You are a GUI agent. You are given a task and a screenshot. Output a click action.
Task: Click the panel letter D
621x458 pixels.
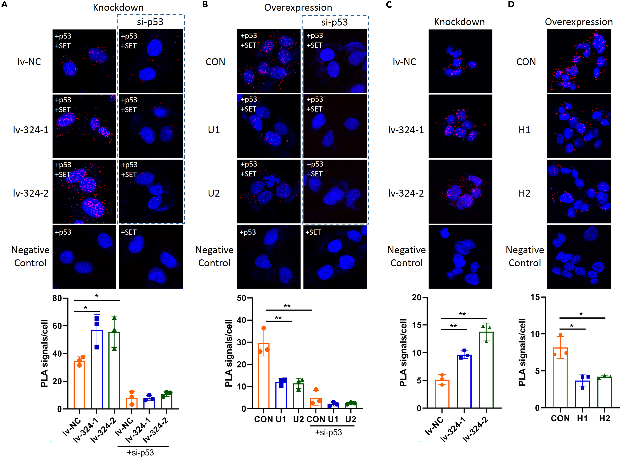click(511, 4)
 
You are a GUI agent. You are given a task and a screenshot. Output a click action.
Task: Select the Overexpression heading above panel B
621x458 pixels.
click(298, 7)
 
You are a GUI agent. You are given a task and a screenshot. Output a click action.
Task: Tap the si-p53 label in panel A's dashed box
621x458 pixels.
click(150, 22)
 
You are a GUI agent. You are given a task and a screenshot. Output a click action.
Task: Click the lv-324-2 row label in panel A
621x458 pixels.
click(31, 193)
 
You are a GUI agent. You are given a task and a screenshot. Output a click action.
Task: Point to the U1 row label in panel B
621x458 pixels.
click(214, 130)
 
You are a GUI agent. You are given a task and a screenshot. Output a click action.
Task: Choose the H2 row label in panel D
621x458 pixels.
click(524, 193)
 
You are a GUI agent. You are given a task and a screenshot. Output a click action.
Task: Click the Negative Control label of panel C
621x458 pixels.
click(406, 257)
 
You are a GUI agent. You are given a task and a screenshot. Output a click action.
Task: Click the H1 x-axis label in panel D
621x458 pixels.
click(582, 418)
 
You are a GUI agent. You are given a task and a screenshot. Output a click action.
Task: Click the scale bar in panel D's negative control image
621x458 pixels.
click(586, 285)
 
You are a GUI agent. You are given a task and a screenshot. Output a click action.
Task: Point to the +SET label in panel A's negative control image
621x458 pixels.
click(129, 232)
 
